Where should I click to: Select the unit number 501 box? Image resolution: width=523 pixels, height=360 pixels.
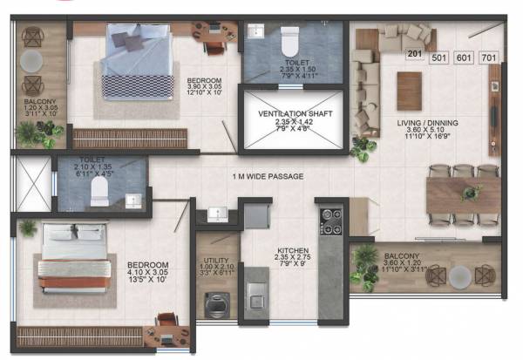(x=438, y=58)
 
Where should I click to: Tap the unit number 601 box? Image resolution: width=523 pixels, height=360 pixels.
(x=464, y=58)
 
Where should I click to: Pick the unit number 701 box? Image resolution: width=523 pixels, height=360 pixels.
(x=489, y=58)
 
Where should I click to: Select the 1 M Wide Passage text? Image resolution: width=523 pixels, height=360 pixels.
(x=269, y=176)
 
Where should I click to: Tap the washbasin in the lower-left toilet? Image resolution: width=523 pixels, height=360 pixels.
(x=131, y=200)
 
